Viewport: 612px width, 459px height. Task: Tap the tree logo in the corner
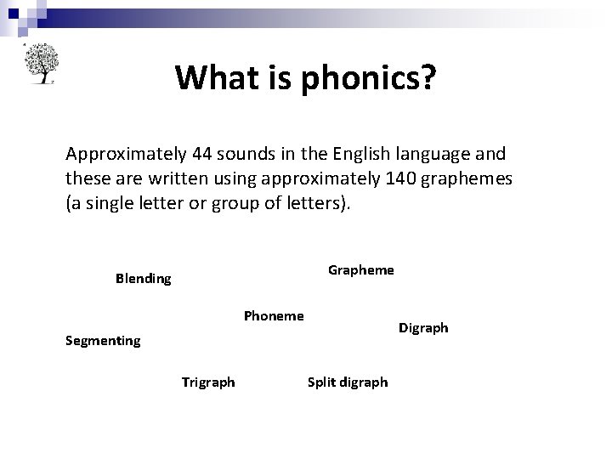point(39,63)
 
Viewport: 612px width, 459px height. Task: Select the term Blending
point(143,279)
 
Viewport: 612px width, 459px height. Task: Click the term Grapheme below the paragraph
point(361,269)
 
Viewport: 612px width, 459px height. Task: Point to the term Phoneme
point(274,316)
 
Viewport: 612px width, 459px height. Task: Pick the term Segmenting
point(103,341)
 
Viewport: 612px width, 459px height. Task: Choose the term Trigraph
point(208,382)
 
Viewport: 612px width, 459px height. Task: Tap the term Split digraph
point(347,382)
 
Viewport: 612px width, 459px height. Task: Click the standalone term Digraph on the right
point(423,328)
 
